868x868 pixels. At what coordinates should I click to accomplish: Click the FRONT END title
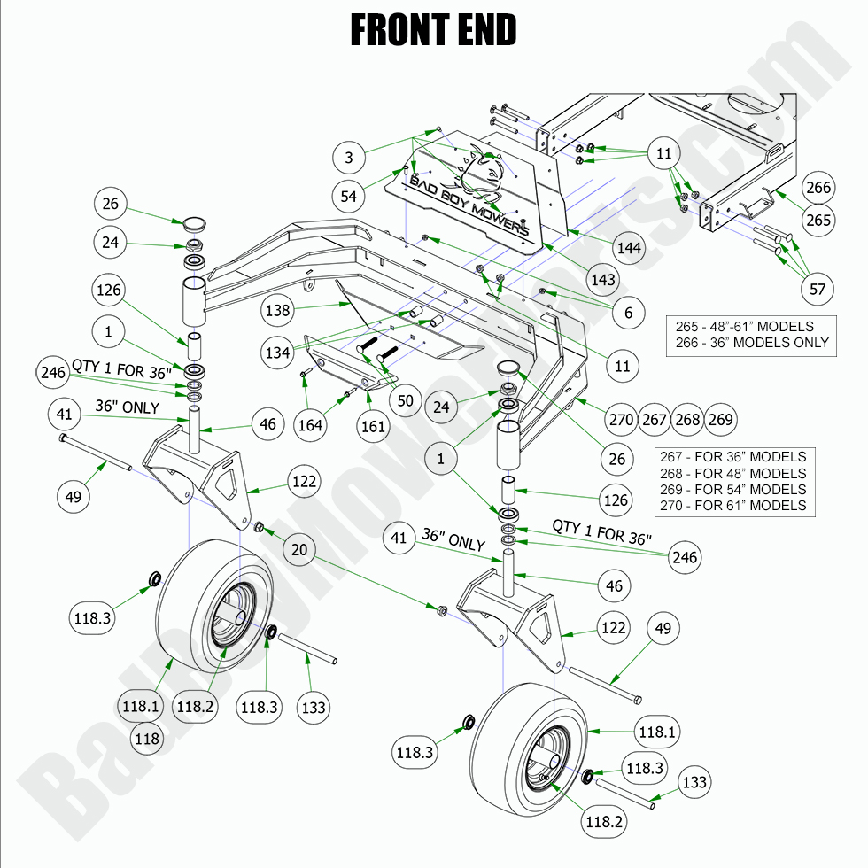pyautogui.click(x=433, y=30)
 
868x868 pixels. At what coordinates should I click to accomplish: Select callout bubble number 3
pyautogui.click(x=349, y=158)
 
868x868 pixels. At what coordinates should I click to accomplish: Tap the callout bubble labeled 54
pyautogui.click(x=349, y=195)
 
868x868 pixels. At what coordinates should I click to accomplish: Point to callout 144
pyautogui.click(x=629, y=248)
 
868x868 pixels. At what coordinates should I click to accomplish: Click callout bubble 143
pyautogui.click(x=602, y=280)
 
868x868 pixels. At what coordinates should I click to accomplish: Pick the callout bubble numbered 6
pyautogui.click(x=628, y=313)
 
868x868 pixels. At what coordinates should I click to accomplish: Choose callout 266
pyautogui.click(x=819, y=188)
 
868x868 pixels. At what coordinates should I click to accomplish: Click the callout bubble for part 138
pyautogui.click(x=277, y=310)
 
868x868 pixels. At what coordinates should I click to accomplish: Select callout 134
pyautogui.click(x=277, y=353)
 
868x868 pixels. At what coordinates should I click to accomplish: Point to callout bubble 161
pyautogui.click(x=374, y=427)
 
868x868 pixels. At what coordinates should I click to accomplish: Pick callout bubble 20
pyautogui.click(x=299, y=549)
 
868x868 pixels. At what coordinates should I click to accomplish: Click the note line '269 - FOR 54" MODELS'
pyautogui.click(x=733, y=489)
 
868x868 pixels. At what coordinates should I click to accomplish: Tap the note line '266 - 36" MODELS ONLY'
pyautogui.click(x=751, y=342)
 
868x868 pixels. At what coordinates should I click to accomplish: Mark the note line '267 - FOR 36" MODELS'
pyautogui.click(x=733, y=457)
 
